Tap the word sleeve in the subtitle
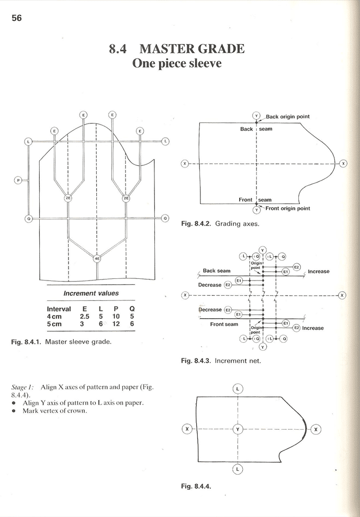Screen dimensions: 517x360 (204, 64)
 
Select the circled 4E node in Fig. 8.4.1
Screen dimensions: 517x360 (97, 258)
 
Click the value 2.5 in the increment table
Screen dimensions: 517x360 (84, 317)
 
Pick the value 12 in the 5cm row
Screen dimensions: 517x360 (116, 324)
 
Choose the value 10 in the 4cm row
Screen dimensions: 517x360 (116, 317)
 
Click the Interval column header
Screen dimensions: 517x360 (59, 309)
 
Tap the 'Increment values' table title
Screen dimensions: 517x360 (91, 294)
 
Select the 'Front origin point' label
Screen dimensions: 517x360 (287, 208)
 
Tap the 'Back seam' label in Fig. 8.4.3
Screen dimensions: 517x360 (216, 271)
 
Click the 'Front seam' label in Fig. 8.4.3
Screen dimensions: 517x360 (224, 324)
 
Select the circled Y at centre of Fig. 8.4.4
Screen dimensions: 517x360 (238, 429)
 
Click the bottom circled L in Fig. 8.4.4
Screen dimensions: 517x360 (238, 469)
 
